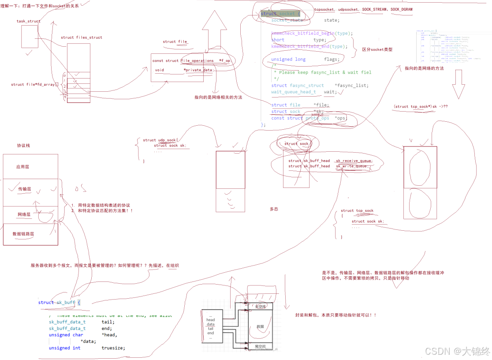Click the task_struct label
28,21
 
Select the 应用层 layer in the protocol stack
23,167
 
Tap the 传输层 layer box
24,189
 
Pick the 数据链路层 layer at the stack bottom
23,234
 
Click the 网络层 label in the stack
24,214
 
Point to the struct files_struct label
82,37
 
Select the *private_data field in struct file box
198,70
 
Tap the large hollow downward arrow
458,84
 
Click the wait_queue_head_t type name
294,92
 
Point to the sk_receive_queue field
354,161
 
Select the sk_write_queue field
351,166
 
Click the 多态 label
274,209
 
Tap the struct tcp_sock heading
357,211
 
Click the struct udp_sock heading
159,140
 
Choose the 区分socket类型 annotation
377,50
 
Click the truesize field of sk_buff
113,348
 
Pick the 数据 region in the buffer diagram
260,326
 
